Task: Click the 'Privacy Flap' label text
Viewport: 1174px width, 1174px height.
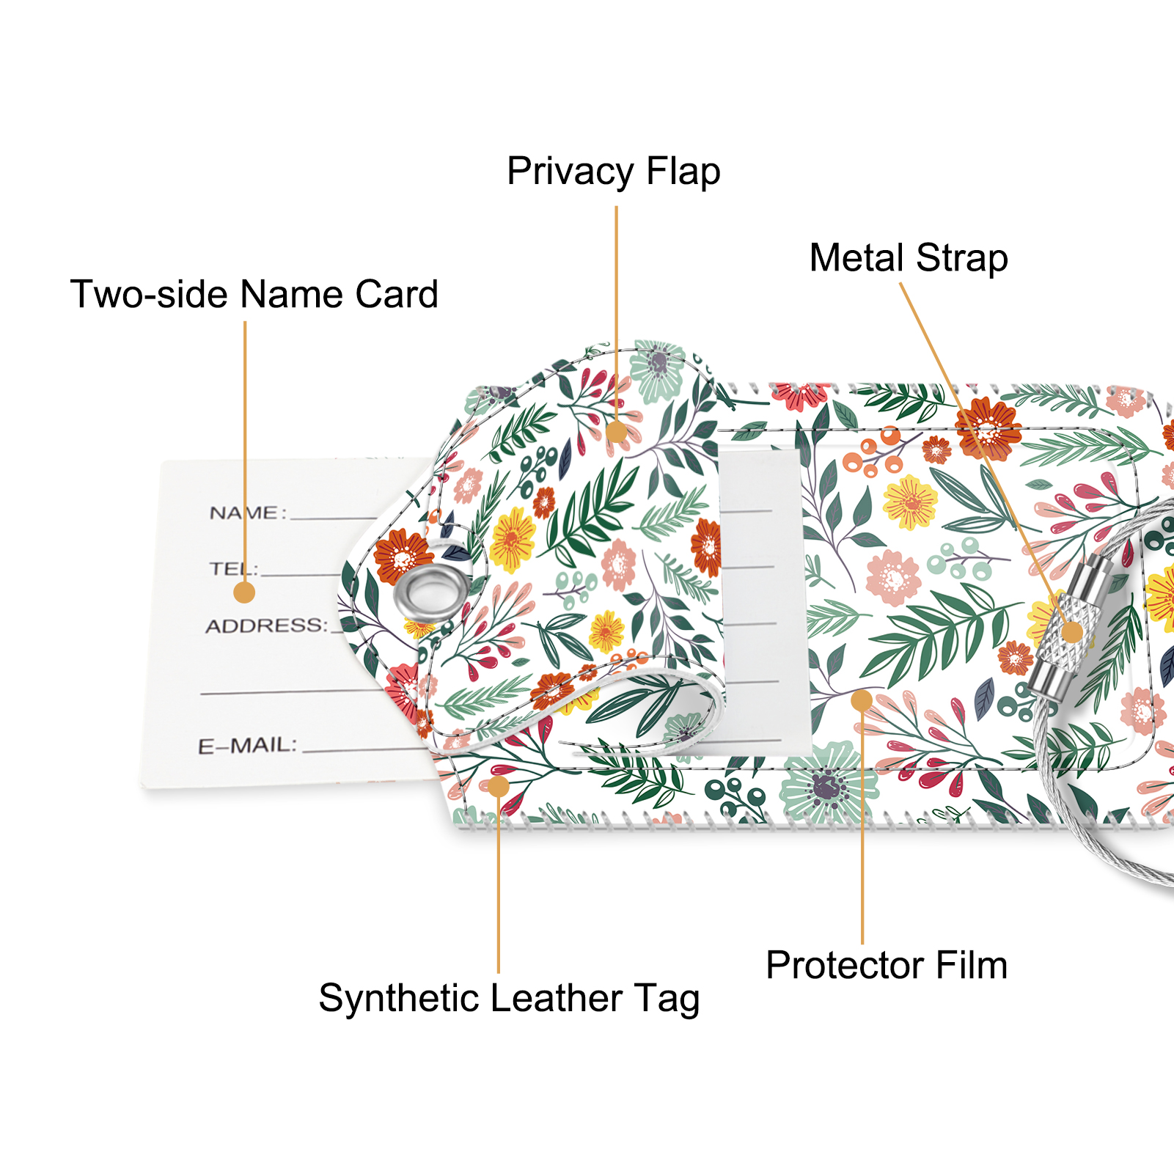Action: tap(614, 172)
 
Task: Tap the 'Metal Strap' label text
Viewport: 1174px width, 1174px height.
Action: tap(909, 259)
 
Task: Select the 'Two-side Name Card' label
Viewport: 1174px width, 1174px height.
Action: tap(254, 294)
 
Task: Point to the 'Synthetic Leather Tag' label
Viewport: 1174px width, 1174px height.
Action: tap(509, 999)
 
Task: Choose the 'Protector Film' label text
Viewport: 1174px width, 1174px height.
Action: tap(887, 965)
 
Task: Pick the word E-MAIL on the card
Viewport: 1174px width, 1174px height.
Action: tap(246, 746)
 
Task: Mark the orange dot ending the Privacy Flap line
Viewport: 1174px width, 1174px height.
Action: tap(617, 431)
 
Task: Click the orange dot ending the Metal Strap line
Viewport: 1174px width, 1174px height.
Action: tap(1072, 632)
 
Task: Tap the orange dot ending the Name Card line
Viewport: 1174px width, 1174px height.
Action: tap(244, 592)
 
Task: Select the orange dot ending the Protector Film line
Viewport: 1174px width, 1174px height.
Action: tap(862, 701)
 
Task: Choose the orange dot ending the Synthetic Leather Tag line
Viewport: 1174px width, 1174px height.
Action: tap(499, 787)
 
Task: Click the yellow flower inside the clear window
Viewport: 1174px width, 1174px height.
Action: tap(910, 502)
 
